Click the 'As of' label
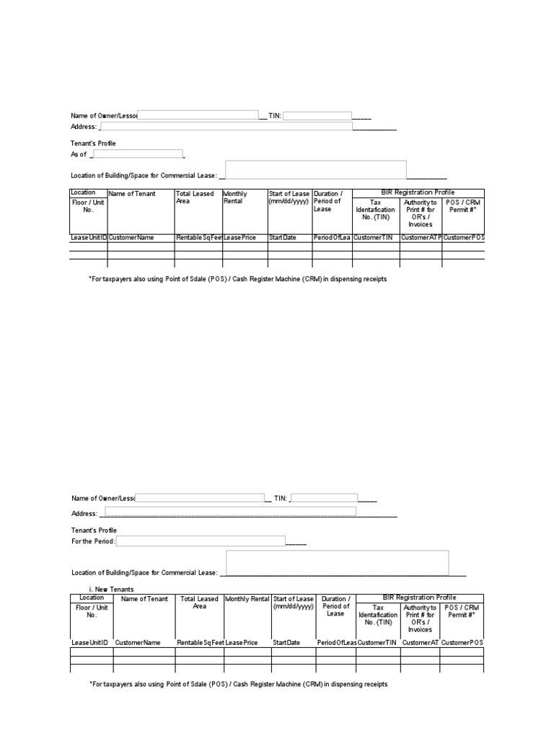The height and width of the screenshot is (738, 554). pos(79,154)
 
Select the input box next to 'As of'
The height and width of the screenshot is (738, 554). pos(138,154)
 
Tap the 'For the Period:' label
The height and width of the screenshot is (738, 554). pos(93,541)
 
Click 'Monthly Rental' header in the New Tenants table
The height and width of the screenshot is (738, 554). pos(247,599)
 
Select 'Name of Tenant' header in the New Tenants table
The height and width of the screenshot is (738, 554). pos(144,599)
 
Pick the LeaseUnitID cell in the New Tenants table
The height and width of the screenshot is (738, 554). pos(91,642)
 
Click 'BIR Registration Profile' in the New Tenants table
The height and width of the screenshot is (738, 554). pos(419,597)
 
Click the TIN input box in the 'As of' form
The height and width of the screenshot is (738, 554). pos(317,115)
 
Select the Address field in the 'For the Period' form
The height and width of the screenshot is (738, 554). pos(228,512)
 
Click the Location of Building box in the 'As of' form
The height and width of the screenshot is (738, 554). pos(316,170)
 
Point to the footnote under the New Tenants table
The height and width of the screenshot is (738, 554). pos(238,684)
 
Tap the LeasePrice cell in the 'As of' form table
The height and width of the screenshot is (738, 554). pos(240,237)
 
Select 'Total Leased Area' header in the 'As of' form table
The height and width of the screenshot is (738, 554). pos(195,197)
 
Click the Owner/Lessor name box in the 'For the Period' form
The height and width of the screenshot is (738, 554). pos(200,497)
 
